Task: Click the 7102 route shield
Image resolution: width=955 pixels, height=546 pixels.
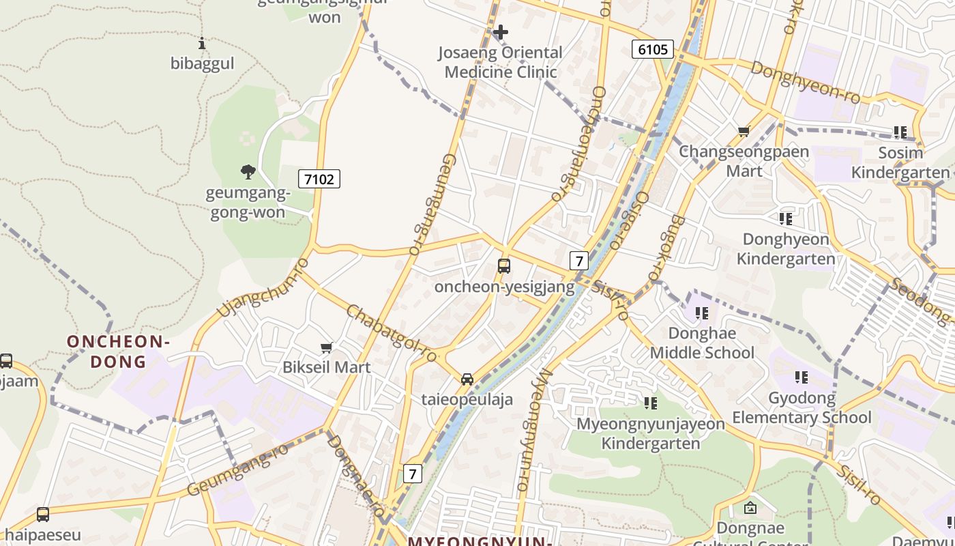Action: click(x=319, y=179)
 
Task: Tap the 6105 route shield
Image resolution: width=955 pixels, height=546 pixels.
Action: click(x=652, y=49)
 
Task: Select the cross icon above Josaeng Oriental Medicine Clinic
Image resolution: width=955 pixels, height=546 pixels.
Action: click(x=500, y=32)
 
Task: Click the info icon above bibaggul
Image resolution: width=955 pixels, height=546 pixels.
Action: click(x=201, y=43)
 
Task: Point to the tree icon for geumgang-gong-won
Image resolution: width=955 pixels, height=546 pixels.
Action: click(x=248, y=171)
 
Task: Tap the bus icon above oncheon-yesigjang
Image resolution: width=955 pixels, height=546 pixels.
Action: click(x=504, y=266)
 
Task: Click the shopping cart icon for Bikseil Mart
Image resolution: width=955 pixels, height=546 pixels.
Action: click(x=327, y=347)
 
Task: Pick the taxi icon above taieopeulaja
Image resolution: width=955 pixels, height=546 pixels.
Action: click(x=467, y=379)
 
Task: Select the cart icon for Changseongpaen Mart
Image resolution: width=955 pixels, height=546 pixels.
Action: click(x=744, y=131)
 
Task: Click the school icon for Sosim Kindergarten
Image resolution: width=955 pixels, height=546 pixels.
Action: click(x=900, y=132)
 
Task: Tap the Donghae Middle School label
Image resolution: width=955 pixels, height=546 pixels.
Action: click(x=702, y=343)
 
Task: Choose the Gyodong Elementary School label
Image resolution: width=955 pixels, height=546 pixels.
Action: click(x=802, y=407)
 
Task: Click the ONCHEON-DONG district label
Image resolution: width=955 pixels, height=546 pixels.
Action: click(x=118, y=351)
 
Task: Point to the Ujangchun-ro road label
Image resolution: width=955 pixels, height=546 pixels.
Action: click(x=263, y=287)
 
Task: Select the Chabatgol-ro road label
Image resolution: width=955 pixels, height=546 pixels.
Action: click(x=391, y=334)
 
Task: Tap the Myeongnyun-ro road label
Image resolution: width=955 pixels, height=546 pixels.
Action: click(x=533, y=430)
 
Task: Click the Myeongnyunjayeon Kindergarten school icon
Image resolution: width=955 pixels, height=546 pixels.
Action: click(x=651, y=403)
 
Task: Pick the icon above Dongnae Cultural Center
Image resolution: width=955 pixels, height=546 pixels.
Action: click(x=750, y=508)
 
